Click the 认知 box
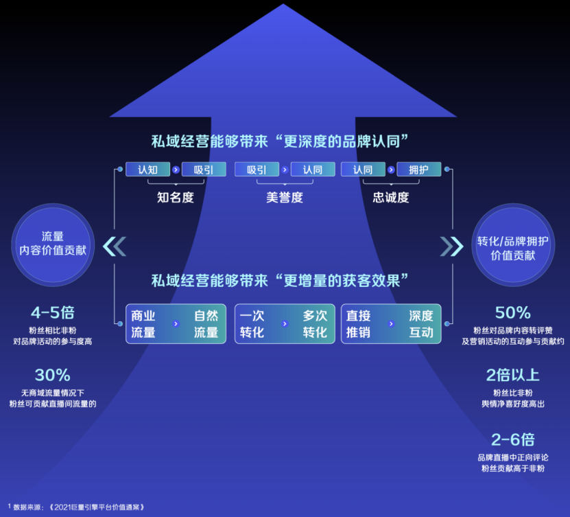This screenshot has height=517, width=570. coord(147,170)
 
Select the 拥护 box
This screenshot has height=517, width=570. coord(418,170)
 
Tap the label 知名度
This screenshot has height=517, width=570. coord(176,198)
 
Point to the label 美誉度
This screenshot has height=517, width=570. coord(285,198)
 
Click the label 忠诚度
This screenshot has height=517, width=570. coord(391,198)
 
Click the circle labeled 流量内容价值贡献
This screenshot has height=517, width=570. coord(53,244)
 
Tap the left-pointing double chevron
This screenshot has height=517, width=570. coord(115,246)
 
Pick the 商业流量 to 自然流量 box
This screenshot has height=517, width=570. coord(176,324)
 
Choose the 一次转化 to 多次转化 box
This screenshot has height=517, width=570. coord(285,324)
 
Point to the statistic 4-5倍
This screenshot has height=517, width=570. coord(53,313)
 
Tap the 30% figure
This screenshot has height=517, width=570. coord(53,376)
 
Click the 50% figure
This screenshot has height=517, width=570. coord(513,313)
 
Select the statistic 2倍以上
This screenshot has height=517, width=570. coord(513,375)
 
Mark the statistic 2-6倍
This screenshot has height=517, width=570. coord(513,439)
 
